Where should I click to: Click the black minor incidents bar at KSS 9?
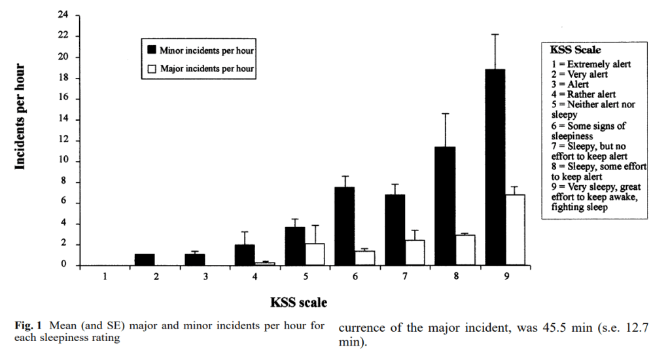tap(495, 167)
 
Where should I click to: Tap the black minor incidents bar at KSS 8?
tap(445, 206)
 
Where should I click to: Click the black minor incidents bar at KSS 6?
tap(345, 226)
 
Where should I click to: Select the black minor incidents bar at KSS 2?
tap(144, 259)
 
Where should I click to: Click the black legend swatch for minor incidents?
tap(152, 50)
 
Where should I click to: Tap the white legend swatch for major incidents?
tap(152, 68)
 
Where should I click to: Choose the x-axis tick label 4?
tap(255, 277)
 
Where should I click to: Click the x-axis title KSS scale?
tap(298, 302)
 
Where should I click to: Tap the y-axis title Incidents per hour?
tap(20, 117)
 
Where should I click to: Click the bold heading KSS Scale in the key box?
tap(576, 50)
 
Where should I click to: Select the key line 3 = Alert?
tap(569, 84)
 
